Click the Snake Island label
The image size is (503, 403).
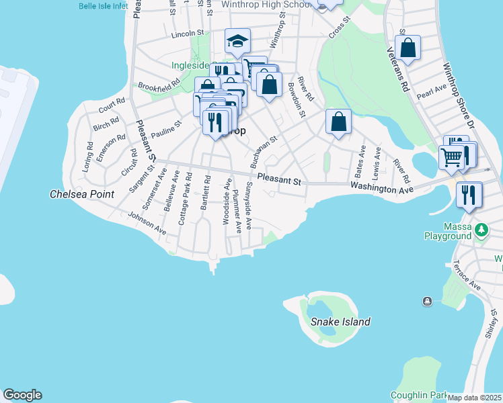pos(340,322)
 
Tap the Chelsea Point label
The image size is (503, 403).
pos(82,194)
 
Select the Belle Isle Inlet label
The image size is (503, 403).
pos(102,5)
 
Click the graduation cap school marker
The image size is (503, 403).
pos(237,42)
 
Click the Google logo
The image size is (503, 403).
pos(22,395)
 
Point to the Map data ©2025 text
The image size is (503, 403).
pos(475,398)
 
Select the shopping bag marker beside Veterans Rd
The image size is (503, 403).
pos(408,48)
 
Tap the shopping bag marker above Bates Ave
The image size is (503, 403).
pos(339,122)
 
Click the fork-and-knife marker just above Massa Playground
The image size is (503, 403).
pos(469,195)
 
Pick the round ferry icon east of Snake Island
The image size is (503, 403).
pos(426,302)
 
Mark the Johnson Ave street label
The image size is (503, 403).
pos(147,224)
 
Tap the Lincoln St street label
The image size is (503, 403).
pos(187,33)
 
